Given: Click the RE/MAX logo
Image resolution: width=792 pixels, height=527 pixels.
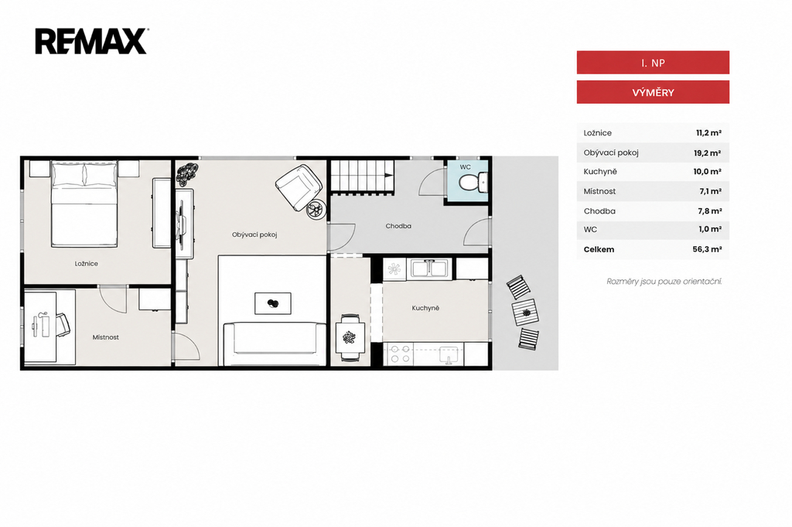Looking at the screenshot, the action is click(x=91, y=42).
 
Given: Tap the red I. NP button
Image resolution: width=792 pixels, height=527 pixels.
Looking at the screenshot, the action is click(x=653, y=63).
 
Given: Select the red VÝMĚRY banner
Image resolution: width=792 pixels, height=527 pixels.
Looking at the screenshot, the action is click(x=653, y=92).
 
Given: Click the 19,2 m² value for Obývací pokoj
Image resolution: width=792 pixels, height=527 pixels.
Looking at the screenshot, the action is click(x=707, y=153).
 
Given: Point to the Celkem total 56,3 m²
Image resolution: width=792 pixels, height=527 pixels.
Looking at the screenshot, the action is click(x=707, y=249).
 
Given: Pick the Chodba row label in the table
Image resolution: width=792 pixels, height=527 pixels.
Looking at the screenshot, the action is click(x=599, y=211).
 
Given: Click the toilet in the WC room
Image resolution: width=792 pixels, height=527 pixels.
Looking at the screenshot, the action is click(x=473, y=182).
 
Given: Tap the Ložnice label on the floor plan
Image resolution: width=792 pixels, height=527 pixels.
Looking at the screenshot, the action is click(x=87, y=263).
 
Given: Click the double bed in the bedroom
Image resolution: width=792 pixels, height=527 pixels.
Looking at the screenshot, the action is click(x=84, y=204).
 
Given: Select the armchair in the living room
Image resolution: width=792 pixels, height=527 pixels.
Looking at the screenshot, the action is click(x=299, y=187).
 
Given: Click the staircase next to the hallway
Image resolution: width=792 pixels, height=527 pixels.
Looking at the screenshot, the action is click(x=362, y=176).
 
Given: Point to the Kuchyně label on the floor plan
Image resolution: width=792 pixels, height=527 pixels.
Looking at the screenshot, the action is click(x=425, y=308).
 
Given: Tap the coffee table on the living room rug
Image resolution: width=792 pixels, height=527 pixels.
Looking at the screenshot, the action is click(x=273, y=303).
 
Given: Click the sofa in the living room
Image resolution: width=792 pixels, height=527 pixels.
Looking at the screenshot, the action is click(x=275, y=344).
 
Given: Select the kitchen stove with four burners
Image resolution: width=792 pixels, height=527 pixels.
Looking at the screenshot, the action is click(x=399, y=354).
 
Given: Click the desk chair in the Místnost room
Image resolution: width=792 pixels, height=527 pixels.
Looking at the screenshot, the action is click(x=62, y=325).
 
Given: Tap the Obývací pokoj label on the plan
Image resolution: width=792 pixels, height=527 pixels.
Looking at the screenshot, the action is click(x=254, y=234).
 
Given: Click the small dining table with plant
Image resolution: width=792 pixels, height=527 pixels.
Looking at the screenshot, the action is click(x=350, y=337).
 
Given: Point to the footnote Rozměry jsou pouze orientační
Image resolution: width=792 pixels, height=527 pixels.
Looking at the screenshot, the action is click(x=664, y=282).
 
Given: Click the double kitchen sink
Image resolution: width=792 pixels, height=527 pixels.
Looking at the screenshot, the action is click(x=430, y=269).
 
